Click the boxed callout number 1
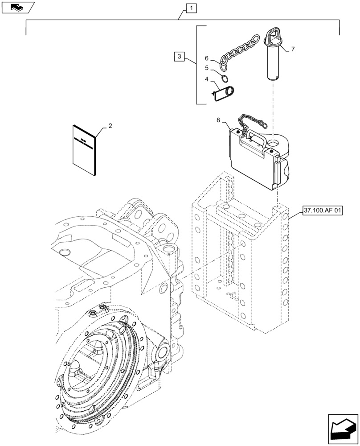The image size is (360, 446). click(191, 8)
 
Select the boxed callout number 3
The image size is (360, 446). click(179, 57)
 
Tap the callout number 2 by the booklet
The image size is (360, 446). click(110, 126)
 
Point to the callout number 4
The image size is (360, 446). click(207, 79)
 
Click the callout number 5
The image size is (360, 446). click(207, 68)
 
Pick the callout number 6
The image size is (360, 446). click(207, 58)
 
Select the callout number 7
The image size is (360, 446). click(292, 49)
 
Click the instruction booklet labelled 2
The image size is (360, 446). click(85, 149)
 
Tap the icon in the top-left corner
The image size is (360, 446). click(17, 7)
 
